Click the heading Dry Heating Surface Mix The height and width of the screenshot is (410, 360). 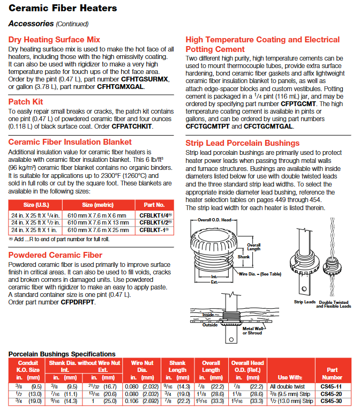54,40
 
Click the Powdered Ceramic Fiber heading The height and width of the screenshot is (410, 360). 55,255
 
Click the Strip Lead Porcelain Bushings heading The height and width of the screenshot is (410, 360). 242,143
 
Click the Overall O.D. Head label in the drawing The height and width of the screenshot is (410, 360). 215,220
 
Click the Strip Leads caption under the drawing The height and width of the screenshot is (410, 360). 305,302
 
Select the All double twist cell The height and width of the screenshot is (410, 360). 287,386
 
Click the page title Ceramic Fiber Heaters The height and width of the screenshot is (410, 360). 63,8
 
